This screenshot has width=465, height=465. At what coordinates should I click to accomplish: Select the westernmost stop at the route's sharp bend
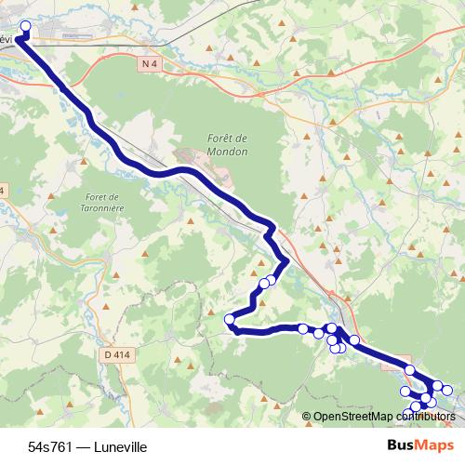(x=230, y=320)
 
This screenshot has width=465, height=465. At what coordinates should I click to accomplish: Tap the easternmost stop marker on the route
(x=447, y=390)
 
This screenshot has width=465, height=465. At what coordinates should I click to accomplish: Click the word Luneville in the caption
(x=121, y=446)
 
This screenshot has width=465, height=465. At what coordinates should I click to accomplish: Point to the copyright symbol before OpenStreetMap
(x=308, y=417)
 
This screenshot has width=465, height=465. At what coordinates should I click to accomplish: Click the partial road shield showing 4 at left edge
(x=3, y=191)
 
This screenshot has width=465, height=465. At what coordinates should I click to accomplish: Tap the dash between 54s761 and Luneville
(x=85, y=446)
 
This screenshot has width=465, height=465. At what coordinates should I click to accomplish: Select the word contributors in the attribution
(x=423, y=417)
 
